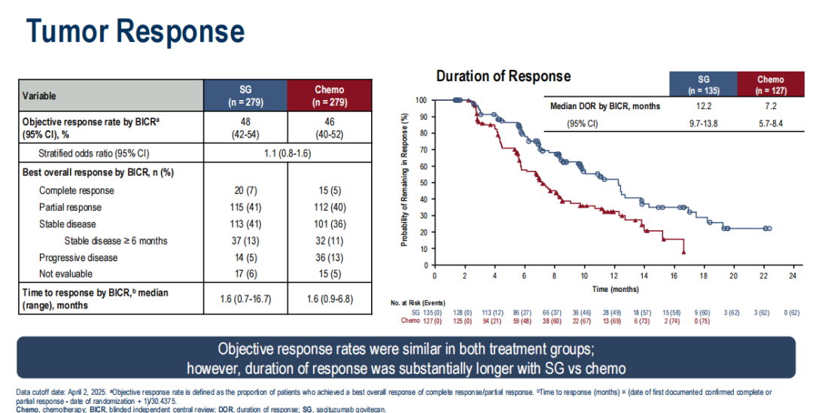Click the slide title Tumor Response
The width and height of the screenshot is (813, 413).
(x=135, y=32)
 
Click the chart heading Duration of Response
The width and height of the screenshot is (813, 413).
(x=504, y=76)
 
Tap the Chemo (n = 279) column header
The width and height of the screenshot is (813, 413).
(x=330, y=96)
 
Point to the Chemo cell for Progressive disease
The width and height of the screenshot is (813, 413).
(x=330, y=258)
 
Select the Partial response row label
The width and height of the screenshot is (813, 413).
(x=70, y=207)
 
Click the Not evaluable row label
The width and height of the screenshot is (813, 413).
(x=66, y=275)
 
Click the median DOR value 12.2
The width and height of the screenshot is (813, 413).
(x=703, y=106)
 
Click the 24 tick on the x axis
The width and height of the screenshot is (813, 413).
(x=792, y=276)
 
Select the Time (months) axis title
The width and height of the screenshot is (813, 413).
(x=615, y=289)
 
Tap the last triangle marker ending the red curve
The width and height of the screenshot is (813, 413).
(x=684, y=253)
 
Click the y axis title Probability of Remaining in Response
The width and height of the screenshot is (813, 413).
(x=404, y=181)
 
